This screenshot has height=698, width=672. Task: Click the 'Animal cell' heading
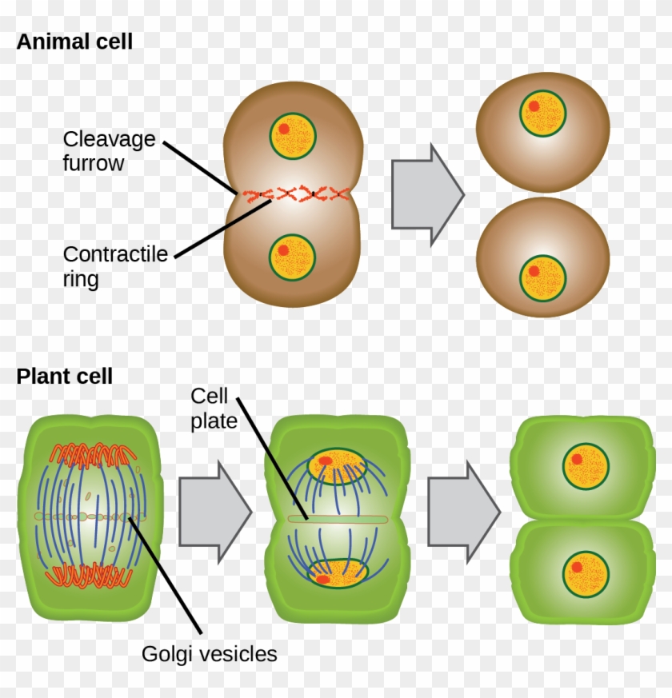click(74, 42)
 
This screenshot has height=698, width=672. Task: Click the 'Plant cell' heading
click(65, 377)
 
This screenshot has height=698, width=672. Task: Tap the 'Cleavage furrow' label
click(109, 151)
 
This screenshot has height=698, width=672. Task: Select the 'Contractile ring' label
click(115, 266)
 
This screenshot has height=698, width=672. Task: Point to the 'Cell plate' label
click(214, 409)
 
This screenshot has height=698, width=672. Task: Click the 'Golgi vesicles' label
click(210, 654)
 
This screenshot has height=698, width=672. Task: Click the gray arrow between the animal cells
click(428, 195)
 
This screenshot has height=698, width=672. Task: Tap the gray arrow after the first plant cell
click(215, 513)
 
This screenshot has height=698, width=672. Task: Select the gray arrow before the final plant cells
click(464, 513)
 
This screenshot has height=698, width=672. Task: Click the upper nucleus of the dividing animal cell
click(293, 136)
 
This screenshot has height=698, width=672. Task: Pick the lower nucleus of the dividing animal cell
click(292, 257)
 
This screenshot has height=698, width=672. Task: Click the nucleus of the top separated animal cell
click(543, 113)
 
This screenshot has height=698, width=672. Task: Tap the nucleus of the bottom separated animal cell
click(543, 277)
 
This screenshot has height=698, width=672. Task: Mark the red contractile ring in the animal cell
click(296, 194)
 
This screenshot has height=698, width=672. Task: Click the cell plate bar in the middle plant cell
click(338, 519)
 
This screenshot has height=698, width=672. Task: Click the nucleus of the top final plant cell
click(586, 466)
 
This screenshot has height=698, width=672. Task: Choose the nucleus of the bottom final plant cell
click(586, 574)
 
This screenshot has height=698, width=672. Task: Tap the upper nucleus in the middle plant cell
click(338, 466)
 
